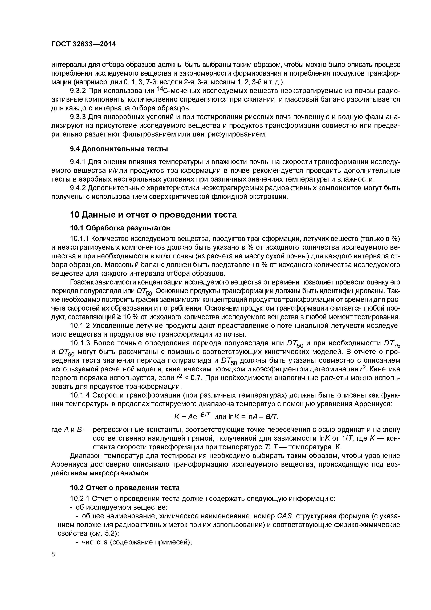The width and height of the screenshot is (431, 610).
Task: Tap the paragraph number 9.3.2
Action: coord(78,91)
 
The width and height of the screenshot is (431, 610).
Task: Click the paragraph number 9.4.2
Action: coord(78,188)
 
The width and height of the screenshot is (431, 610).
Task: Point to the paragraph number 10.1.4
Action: coord(80,395)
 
